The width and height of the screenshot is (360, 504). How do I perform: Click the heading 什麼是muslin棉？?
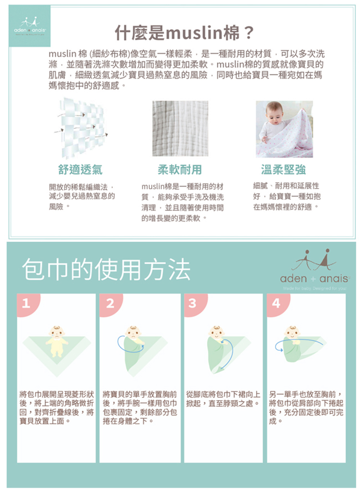184,33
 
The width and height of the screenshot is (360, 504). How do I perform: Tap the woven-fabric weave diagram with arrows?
80,129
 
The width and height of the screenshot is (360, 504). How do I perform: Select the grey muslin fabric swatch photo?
180,129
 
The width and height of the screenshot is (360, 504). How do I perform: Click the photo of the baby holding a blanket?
284,129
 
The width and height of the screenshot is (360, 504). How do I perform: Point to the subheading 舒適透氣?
80,170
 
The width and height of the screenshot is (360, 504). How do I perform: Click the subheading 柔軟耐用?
180,170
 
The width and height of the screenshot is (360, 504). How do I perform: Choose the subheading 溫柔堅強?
284,170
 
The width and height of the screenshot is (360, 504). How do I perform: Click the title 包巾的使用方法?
106,270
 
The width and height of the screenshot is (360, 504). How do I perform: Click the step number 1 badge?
26,304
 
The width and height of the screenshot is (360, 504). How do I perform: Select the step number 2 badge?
110,304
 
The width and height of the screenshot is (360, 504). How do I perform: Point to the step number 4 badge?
276,304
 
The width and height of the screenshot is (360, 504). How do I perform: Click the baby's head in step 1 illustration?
56,332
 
